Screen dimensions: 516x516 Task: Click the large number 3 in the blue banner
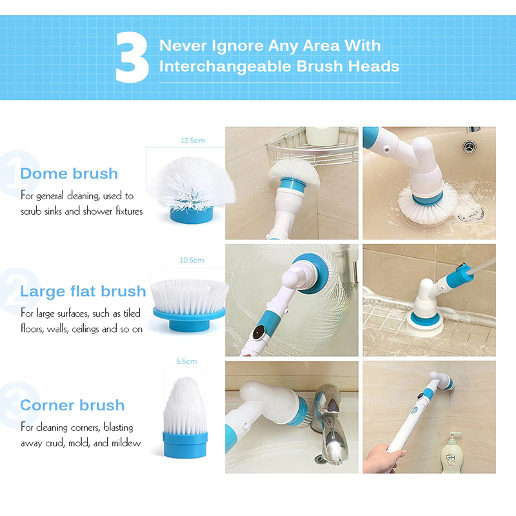[x=132, y=57]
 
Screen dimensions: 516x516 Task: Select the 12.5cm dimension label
[x=193, y=141]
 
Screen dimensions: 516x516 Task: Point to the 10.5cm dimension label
[x=192, y=261]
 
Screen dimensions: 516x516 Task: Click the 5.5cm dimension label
[x=186, y=361]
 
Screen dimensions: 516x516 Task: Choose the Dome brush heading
[x=69, y=174]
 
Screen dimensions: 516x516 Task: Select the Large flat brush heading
[x=83, y=292]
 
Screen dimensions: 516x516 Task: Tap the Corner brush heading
[x=72, y=405]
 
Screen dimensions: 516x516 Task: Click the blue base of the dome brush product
[x=192, y=215]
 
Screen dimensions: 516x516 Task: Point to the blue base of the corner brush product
[x=185, y=444]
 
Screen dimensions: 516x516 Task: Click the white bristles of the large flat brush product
[x=190, y=296]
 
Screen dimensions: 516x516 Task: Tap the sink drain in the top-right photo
[x=470, y=147]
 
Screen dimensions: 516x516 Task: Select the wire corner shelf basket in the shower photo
[x=313, y=146]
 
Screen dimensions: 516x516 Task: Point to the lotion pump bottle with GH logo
[x=451, y=453]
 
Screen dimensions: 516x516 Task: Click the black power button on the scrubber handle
[x=259, y=332]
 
